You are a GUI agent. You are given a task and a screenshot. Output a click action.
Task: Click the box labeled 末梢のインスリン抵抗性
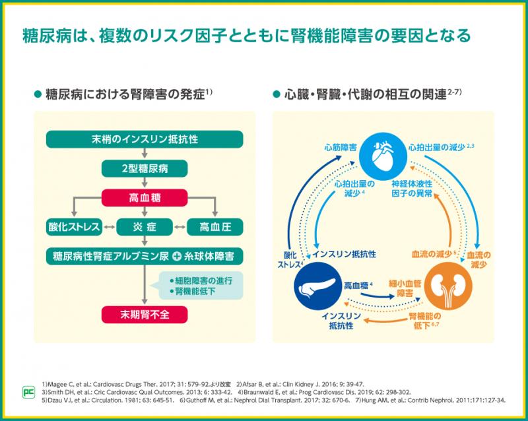[145, 139]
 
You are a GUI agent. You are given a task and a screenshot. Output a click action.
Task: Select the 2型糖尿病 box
[145, 168]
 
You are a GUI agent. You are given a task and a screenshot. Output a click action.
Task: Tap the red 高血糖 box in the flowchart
[145, 197]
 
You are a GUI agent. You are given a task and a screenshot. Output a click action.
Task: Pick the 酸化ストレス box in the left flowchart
[73, 227]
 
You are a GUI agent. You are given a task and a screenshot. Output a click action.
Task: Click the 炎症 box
[145, 227]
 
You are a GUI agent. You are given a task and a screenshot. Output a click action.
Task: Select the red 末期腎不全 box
[145, 313]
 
